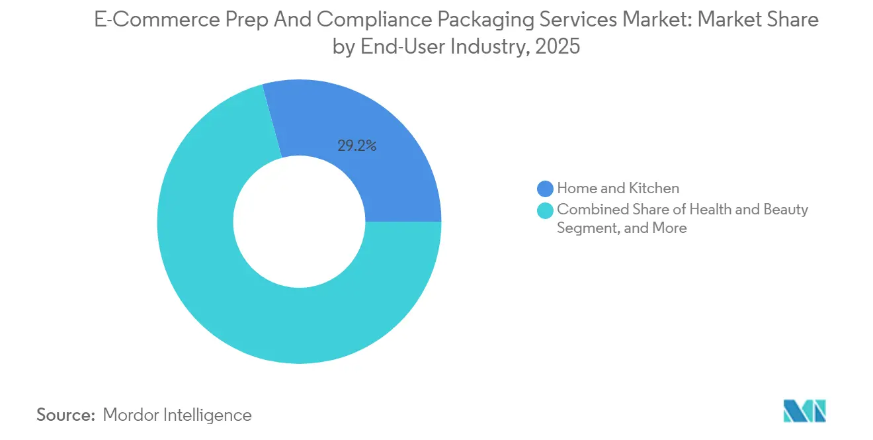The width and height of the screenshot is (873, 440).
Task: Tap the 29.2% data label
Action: pos(357,146)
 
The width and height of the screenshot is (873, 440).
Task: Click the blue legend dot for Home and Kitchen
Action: pos(545,189)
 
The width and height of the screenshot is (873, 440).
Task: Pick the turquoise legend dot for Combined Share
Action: pos(545,210)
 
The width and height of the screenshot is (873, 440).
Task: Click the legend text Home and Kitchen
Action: pos(618,189)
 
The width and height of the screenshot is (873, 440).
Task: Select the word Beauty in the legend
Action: pos(785,210)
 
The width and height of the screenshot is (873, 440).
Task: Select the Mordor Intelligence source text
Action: pos(177,415)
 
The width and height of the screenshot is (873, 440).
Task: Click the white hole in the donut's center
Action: pos(299,222)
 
